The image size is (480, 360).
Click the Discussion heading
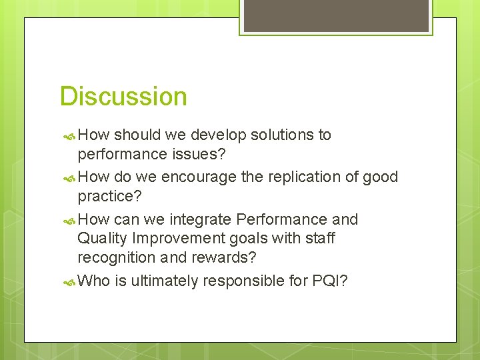pos(123,97)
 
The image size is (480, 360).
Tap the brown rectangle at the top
pos(336,15)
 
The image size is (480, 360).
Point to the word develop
pos(219,135)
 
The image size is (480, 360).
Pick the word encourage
pos(199,177)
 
